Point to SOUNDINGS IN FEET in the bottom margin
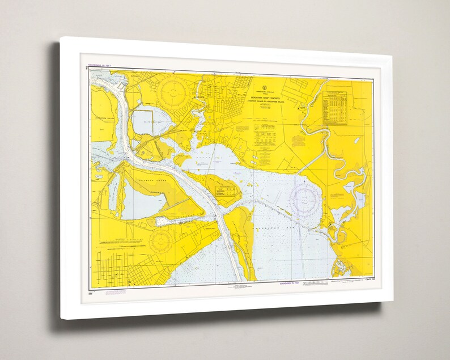290,283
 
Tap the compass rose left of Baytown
173,90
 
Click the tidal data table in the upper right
335,108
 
